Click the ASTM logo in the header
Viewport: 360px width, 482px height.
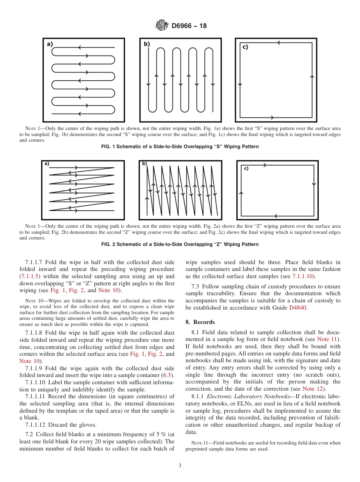(x=162, y=26)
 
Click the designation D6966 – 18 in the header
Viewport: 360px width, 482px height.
(x=189, y=26)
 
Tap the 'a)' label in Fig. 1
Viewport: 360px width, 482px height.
(x=50, y=44)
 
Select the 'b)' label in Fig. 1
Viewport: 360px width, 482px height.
(x=147, y=44)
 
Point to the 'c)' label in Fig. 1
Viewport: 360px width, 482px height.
(x=245, y=47)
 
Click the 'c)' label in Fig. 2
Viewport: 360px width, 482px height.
(x=246, y=168)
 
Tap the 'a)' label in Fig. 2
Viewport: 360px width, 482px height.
(x=47, y=164)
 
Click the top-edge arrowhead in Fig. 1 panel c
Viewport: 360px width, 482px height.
(x=279, y=43)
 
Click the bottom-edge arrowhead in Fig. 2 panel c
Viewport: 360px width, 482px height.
(x=275, y=216)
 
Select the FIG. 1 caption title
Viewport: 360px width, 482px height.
(x=180, y=147)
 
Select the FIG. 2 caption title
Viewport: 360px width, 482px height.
(x=180, y=244)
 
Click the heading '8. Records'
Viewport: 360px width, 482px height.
(x=200, y=322)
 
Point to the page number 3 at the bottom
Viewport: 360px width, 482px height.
(x=180, y=466)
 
